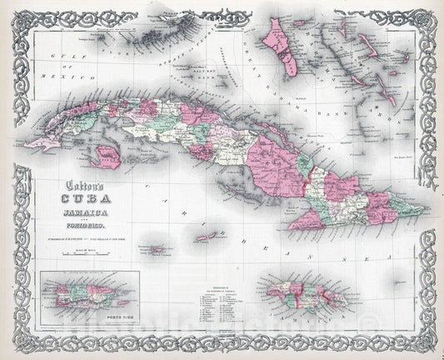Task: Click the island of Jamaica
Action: (307, 292)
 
